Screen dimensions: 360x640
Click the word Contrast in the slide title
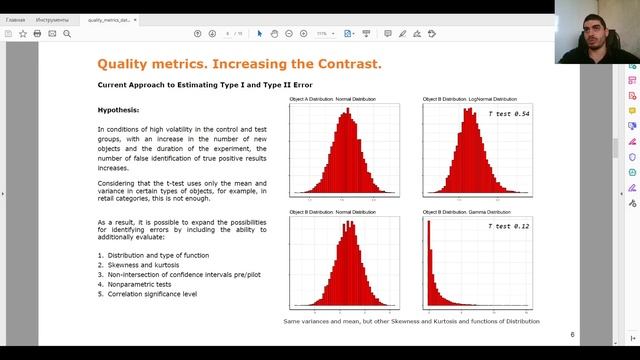pyautogui.click(x=336, y=65)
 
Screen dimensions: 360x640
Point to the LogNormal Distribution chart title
pyautogui.click(x=470, y=100)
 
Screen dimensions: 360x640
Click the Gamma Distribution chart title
pyautogui.click(x=469, y=212)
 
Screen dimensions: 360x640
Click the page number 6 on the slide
pyautogui.click(x=572, y=335)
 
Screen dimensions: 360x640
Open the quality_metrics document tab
pyautogui.click(x=110, y=19)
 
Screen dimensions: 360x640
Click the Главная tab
pyautogui.click(x=16, y=19)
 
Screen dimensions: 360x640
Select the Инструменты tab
pyautogui.click(x=52, y=19)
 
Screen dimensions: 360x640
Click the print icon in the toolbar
pyautogui.click(x=37, y=33)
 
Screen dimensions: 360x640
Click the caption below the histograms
pyautogui.click(x=411, y=321)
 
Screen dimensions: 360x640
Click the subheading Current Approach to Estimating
pyautogui.click(x=204, y=85)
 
